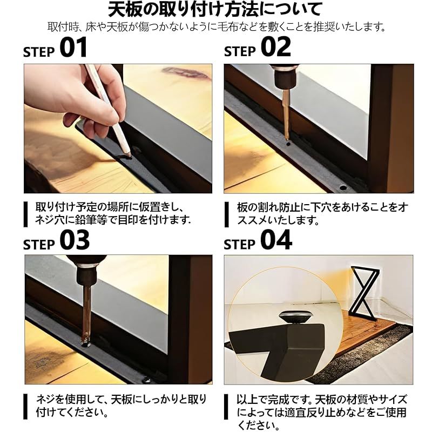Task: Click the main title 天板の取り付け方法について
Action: point(215,9)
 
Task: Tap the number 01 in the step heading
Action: point(73,48)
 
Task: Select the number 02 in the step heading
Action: point(276,47)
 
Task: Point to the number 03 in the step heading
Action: point(75,240)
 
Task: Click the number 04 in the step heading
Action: point(276,240)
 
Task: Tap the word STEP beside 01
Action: point(39,52)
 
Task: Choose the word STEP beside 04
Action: point(240,245)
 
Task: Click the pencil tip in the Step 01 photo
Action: point(129,154)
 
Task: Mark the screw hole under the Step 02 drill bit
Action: point(288,144)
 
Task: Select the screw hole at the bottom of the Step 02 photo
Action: point(343,188)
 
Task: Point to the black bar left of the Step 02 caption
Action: point(226,214)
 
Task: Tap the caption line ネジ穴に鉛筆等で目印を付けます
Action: point(113,220)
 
